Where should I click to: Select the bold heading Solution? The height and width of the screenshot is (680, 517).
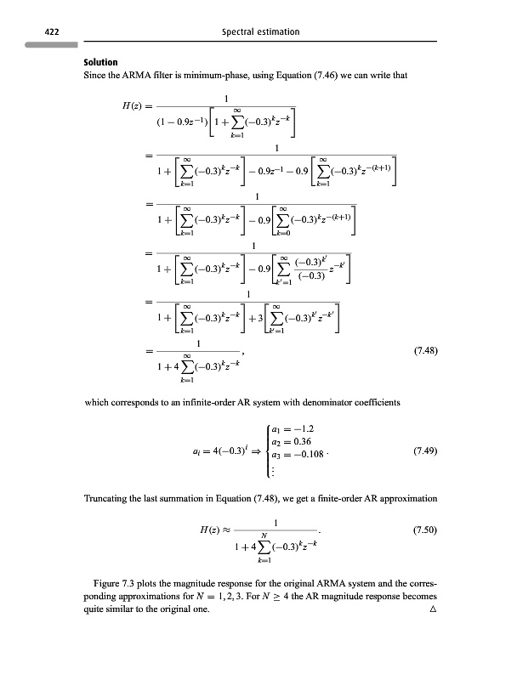pos(99,64)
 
